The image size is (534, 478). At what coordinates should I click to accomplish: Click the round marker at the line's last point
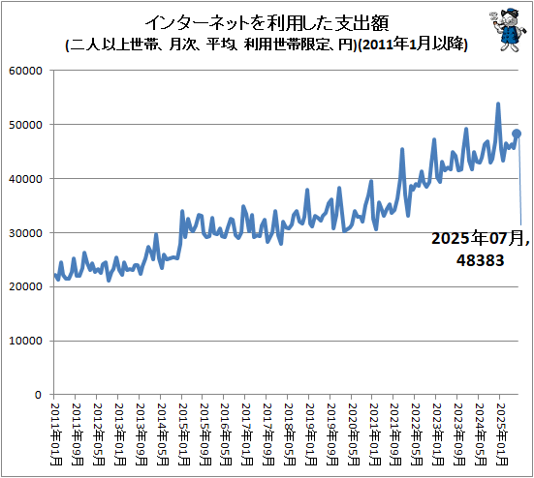518,134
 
